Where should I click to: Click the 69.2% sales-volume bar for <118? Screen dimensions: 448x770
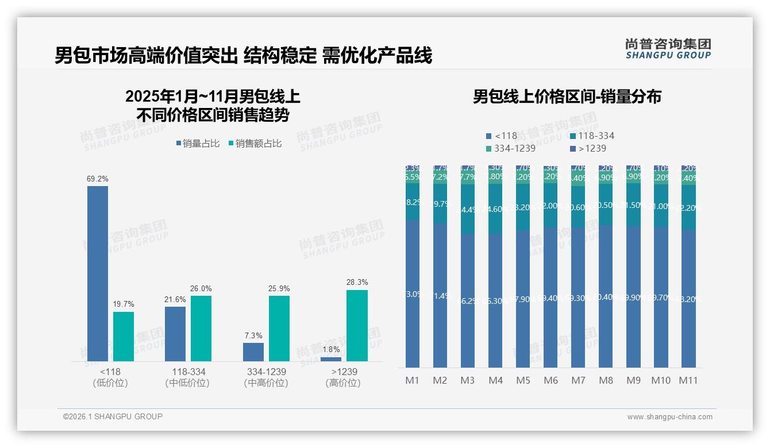98,273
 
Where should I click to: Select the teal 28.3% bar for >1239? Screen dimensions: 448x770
357,326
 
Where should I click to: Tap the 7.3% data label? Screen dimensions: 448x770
253,335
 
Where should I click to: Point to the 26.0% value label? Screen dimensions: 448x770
201,288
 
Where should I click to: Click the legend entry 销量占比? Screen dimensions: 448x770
198,144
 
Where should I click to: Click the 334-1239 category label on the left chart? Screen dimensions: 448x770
265,372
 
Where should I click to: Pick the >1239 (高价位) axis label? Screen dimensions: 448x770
344,377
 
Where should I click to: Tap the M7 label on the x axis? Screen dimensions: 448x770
578,380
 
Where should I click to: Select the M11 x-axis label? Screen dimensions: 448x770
688,380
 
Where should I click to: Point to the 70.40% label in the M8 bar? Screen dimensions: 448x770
606,297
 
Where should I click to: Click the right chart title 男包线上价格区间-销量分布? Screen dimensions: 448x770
567,96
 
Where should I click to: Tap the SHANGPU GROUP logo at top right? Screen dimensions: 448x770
668,49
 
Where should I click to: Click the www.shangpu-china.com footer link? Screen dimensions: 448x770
669,417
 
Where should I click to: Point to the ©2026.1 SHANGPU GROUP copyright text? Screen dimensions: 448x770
113,416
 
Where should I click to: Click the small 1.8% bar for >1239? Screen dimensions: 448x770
331,359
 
